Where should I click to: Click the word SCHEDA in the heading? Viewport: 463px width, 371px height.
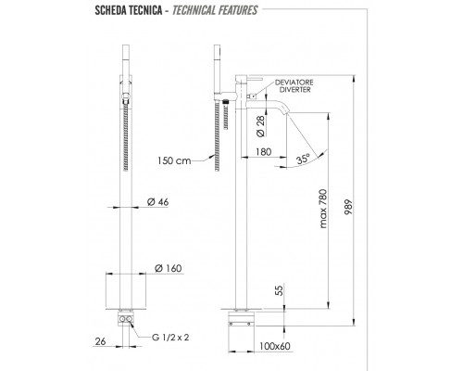(x=110, y=10)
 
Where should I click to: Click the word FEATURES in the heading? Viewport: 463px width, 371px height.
(x=237, y=10)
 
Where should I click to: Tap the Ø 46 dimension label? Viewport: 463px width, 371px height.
(x=157, y=202)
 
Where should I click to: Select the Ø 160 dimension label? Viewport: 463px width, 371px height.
(x=168, y=268)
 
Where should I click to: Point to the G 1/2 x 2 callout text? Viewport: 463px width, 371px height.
(x=170, y=337)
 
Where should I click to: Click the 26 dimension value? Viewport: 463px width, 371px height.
(x=100, y=341)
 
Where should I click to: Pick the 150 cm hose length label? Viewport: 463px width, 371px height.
(x=174, y=160)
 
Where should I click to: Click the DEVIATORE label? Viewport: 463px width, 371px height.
(x=294, y=83)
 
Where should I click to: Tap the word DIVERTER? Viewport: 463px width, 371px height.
(x=294, y=90)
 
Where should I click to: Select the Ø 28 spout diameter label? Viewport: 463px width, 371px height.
(x=260, y=126)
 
